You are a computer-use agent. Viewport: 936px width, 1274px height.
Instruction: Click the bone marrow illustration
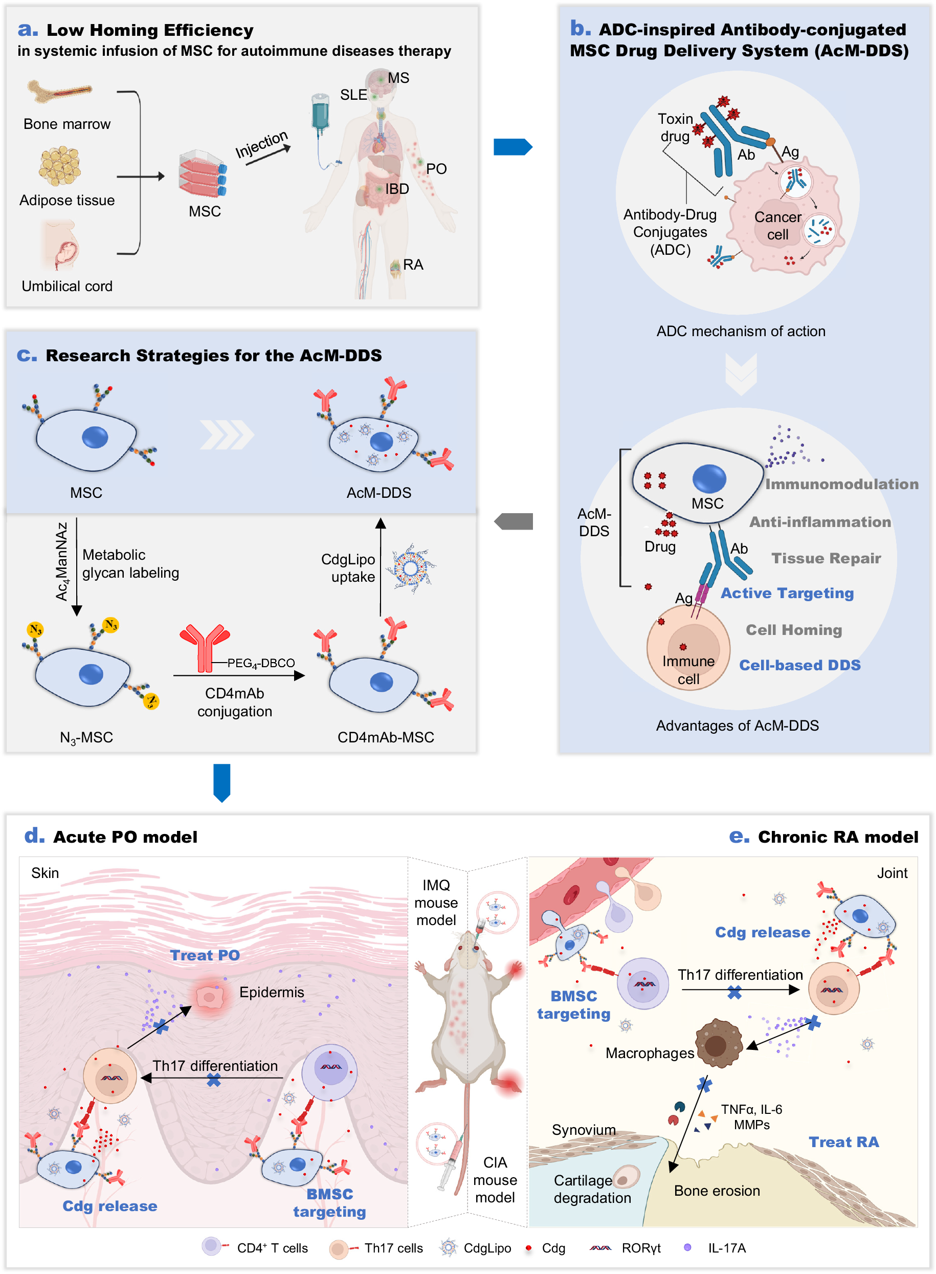(x=59, y=91)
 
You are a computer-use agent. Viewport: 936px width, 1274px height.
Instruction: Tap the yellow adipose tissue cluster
(x=59, y=166)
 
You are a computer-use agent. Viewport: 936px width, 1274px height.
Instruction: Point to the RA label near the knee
(x=413, y=265)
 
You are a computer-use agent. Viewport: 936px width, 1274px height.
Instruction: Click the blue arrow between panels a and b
(x=512, y=147)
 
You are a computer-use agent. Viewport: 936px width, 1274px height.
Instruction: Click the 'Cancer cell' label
(x=777, y=226)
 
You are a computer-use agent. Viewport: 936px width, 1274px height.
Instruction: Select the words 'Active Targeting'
(x=787, y=593)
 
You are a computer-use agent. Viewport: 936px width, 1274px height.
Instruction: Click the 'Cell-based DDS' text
(x=799, y=665)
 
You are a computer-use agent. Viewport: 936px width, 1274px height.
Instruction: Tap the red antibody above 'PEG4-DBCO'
(x=205, y=646)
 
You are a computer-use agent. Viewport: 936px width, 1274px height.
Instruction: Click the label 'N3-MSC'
(x=86, y=737)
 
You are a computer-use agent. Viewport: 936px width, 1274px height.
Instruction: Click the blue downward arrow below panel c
(x=221, y=783)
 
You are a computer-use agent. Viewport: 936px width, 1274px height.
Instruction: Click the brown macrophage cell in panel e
(x=718, y=1044)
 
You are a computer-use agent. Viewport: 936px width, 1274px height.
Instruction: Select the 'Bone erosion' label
(x=717, y=1191)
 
